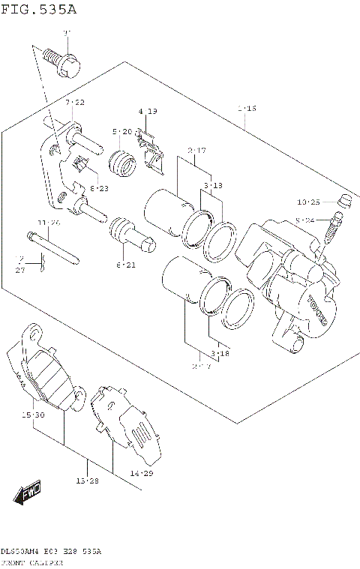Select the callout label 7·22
click(74, 102)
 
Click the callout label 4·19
click(147, 112)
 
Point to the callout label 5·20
click(121, 132)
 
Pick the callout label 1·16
click(247, 109)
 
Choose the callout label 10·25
click(308, 202)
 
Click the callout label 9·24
click(307, 220)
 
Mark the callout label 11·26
click(49, 223)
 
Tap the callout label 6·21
click(125, 265)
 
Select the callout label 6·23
click(99, 188)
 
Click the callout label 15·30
click(33, 415)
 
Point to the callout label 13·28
click(88, 481)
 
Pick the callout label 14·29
click(140, 474)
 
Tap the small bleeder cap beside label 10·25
click(346, 200)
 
